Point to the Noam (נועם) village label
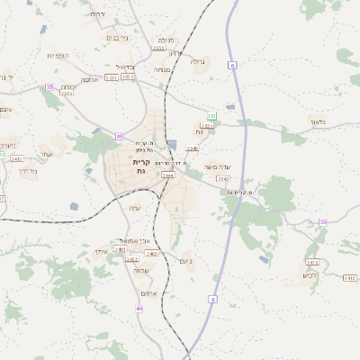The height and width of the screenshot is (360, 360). pos(185,262)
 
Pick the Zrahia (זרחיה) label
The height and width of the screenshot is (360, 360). pos(97,14)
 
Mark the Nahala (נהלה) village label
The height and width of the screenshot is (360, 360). pos(199,61)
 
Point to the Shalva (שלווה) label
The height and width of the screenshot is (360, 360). pos(140,271)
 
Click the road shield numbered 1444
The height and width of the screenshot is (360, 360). pos(167,175)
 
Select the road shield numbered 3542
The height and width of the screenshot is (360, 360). pos(223,179)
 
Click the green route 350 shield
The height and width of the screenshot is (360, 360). pos(211,116)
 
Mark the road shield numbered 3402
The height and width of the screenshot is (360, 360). pos(119,258)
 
